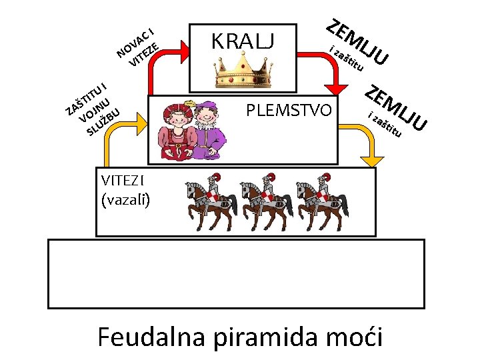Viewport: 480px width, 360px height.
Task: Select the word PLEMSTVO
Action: (x=288, y=109)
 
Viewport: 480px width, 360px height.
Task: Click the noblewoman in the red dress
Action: (x=175, y=129)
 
